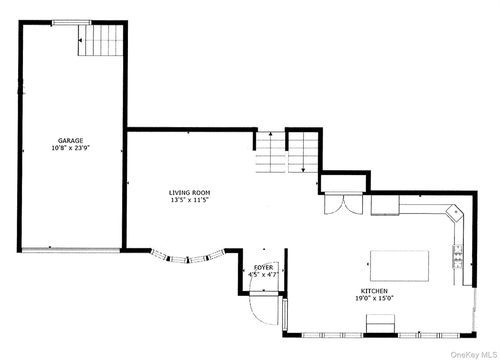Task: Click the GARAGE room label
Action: pos(69,141)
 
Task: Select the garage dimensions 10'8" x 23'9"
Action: pos(69,149)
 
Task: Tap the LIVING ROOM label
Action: pos(188,192)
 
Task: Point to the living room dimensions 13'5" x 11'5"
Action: pos(188,200)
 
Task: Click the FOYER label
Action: pos(263,268)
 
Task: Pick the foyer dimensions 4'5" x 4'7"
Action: pos(263,275)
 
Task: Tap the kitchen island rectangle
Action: pos(400,266)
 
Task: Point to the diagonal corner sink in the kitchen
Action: pos(453,213)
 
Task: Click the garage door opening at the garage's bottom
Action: pos(69,249)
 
